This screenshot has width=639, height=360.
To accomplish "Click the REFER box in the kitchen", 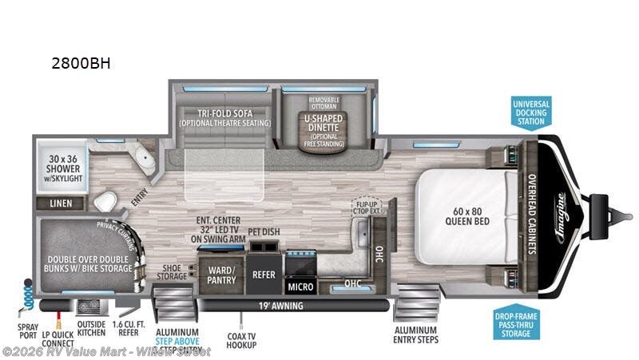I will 264,275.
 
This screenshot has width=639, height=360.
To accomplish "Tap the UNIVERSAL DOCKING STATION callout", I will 530,113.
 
